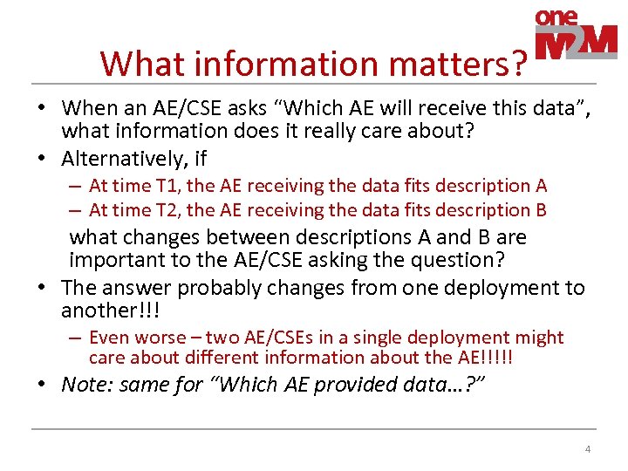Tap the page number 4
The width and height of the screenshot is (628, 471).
click(x=587, y=449)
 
